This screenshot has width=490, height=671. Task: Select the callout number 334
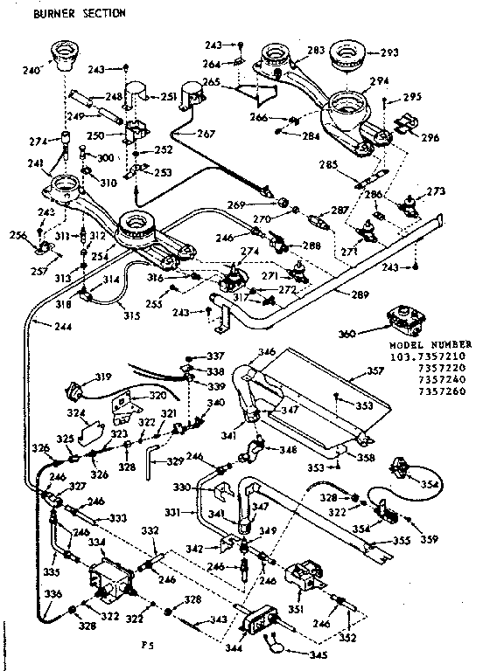pyautogui.click(x=96, y=542)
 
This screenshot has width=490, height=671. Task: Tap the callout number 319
pyautogui.click(x=103, y=377)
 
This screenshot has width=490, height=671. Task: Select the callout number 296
pyautogui.click(x=429, y=137)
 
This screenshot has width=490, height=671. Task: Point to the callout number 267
pyautogui.click(x=205, y=135)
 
